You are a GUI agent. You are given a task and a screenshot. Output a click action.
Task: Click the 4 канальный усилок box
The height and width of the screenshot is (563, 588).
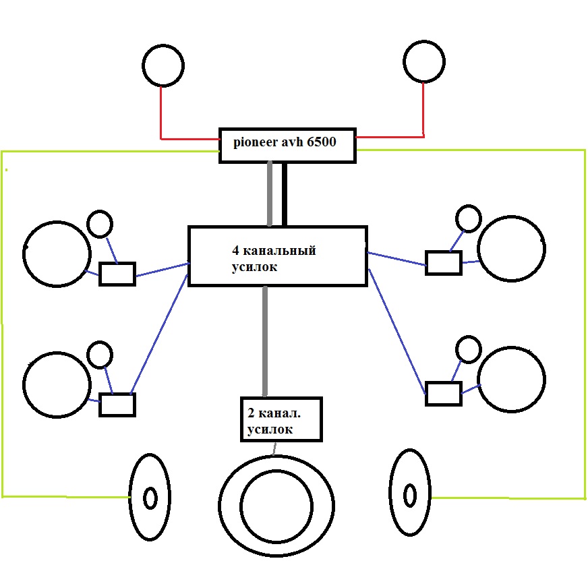coord(277,256)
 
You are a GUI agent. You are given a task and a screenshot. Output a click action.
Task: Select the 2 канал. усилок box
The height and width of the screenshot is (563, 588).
coord(281,419)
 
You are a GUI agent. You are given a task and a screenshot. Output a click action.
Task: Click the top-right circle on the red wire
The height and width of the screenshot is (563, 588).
coord(424,61)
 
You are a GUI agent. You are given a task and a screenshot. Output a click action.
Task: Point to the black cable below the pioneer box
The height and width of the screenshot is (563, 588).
coord(284,194)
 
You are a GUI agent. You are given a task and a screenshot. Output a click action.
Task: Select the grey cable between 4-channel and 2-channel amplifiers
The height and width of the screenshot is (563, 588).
coord(265,341)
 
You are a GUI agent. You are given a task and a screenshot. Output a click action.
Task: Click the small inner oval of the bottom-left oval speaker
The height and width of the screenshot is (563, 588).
coord(150,498)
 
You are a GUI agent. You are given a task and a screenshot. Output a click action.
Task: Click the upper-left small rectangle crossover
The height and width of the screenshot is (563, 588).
coord(117,274)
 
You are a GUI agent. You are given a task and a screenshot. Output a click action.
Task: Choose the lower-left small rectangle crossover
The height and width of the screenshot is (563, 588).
coord(117,405)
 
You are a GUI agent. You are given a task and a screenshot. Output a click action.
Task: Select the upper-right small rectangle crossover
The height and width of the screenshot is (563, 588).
coord(443,262)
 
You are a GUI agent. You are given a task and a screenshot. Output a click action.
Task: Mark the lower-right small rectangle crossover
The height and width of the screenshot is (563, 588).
coord(443,393)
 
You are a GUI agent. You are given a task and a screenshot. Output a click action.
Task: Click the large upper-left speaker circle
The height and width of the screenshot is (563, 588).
coord(57,253)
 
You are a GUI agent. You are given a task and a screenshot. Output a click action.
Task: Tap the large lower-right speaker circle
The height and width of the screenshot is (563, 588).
coord(510,380)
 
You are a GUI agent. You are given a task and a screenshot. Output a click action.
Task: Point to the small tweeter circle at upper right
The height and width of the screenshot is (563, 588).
coord(468,218)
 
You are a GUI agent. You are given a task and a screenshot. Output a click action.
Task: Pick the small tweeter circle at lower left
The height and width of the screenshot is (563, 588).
coord(100,354)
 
